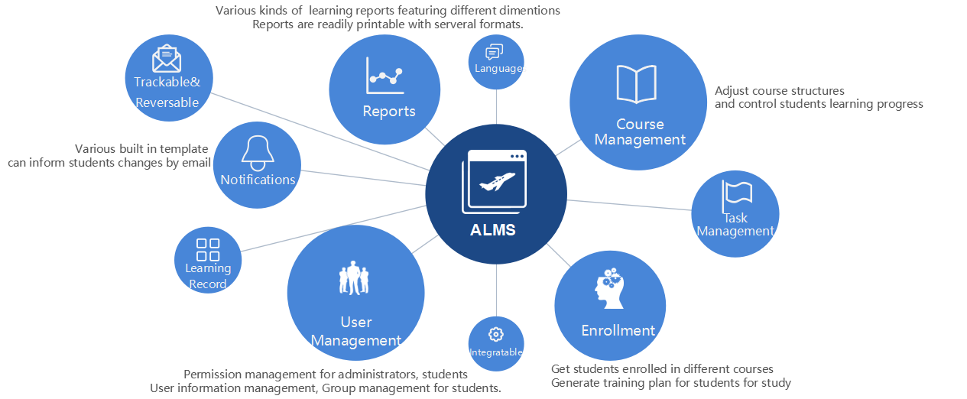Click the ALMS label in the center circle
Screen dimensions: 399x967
[x=493, y=229]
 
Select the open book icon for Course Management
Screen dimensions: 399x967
[x=637, y=84]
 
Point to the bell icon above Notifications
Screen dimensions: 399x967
[x=258, y=153]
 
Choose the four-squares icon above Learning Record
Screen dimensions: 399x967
[x=208, y=249]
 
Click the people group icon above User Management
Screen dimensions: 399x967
[x=354, y=278]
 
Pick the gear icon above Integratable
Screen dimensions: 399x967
[x=496, y=334]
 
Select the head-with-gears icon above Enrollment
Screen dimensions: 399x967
[x=611, y=288]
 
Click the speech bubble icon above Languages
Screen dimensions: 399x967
[x=495, y=52]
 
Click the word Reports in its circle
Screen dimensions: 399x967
[x=389, y=112]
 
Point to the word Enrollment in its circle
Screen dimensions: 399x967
[x=618, y=330]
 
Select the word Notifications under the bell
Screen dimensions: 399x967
[x=258, y=180]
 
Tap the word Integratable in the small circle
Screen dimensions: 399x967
[x=496, y=352]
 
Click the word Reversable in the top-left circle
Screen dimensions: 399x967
[x=167, y=102]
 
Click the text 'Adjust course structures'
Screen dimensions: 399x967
[x=780, y=91]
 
